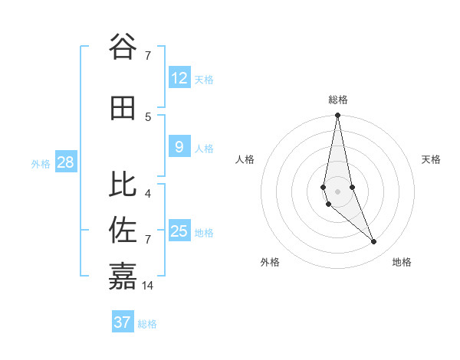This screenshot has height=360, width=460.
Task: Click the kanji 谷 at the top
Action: click(x=123, y=47)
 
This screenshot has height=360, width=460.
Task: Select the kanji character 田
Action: click(x=123, y=109)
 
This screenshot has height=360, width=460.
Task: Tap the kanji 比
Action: click(x=123, y=184)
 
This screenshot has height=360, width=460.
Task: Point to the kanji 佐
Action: click(x=123, y=230)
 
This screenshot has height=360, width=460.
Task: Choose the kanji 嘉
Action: click(x=123, y=276)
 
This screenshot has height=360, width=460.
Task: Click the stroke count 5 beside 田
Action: click(x=148, y=116)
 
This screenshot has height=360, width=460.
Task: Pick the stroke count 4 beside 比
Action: click(x=148, y=193)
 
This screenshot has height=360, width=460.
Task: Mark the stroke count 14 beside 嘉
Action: click(x=148, y=285)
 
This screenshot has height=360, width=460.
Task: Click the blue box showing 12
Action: click(x=179, y=78)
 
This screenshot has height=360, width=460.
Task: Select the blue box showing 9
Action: click(x=179, y=147)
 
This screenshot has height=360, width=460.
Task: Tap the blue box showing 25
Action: click(x=179, y=231)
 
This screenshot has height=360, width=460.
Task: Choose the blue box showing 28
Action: click(x=65, y=162)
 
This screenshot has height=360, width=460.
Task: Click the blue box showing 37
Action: click(x=122, y=322)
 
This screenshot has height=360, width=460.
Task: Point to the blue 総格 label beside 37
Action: click(x=147, y=324)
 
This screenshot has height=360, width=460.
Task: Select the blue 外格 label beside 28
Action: click(x=41, y=164)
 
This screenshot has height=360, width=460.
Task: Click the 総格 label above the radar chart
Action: click(x=337, y=100)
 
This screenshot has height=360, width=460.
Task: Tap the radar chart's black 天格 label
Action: click(x=431, y=159)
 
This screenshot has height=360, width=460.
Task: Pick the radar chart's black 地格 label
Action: click(x=402, y=262)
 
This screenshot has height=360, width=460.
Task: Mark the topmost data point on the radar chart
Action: click(x=337, y=116)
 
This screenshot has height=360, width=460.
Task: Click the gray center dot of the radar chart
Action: click(x=337, y=191)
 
